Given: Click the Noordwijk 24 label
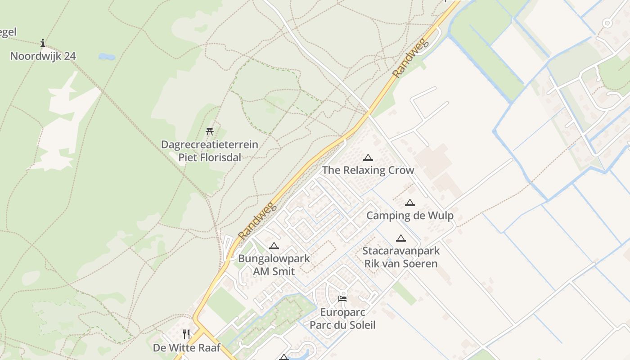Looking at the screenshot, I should click(x=43, y=56).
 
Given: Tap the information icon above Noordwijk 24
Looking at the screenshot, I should click(x=43, y=43).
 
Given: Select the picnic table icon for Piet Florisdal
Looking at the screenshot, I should click(x=209, y=131).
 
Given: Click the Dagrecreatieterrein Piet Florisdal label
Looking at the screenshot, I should click(x=210, y=151).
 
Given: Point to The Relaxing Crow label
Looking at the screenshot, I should click(x=368, y=170).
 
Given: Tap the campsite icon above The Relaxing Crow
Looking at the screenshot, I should click(x=368, y=157).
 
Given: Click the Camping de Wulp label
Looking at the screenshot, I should click(x=409, y=216).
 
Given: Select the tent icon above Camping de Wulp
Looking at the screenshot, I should click(x=409, y=202).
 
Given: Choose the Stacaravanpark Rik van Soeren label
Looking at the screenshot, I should click(x=400, y=257).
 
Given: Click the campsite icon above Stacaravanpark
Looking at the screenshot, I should click(x=400, y=238).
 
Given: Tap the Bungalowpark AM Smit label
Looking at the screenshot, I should click(x=274, y=265).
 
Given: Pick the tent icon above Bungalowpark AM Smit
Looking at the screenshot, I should click(x=274, y=246).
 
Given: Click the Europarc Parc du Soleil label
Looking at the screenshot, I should click(x=342, y=319).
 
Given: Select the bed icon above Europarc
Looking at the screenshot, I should click(x=342, y=298).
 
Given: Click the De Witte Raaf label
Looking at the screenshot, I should click(x=186, y=348).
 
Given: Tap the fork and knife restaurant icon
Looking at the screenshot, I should click(x=186, y=334).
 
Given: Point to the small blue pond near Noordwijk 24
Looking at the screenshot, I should click(x=107, y=57).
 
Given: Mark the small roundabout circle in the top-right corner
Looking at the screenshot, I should click(x=607, y=22).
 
